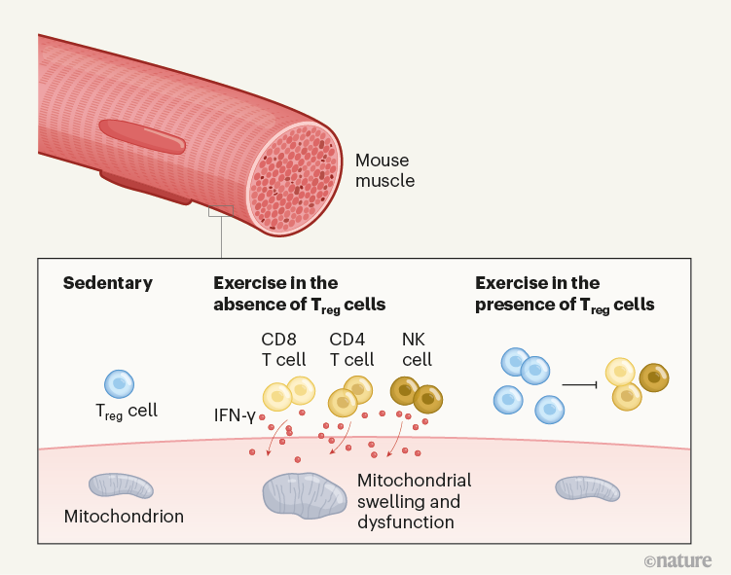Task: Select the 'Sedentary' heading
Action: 108,283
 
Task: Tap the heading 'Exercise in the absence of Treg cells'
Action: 299,294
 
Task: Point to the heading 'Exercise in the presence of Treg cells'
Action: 565,294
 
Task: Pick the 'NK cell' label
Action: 417,349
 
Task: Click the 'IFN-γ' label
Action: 235,415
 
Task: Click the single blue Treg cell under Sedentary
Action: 118,382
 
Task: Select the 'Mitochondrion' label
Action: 123,516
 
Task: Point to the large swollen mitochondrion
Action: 303,493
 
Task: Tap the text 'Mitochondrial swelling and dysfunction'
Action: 414,501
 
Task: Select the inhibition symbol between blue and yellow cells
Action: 581,385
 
